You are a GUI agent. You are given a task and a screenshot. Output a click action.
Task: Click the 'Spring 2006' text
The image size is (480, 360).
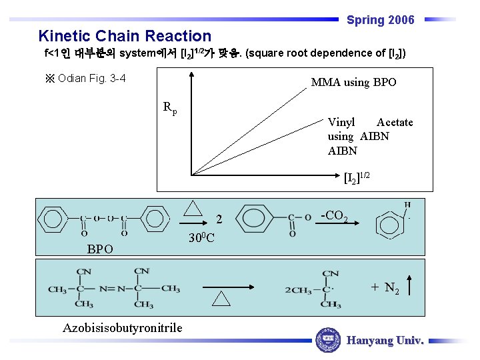(380, 20)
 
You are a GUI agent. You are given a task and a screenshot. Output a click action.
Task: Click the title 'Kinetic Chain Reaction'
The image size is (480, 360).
(125, 36)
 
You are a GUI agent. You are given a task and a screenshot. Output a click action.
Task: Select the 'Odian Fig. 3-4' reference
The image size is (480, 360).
(86, 79)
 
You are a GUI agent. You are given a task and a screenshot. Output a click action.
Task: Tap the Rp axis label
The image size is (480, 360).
(170, 107)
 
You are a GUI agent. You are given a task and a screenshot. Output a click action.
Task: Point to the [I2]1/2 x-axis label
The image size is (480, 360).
(356, 178)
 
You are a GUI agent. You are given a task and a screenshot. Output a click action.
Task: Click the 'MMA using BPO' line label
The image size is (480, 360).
(353, 83)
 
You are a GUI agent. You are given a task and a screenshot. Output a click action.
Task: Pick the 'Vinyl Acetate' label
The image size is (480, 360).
(370, 122)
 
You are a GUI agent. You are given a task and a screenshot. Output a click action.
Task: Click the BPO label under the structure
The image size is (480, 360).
(100, 249)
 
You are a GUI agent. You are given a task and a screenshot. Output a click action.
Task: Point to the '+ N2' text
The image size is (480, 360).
(385, 287)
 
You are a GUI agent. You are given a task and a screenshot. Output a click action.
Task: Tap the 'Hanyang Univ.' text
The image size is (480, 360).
(385, 340)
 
